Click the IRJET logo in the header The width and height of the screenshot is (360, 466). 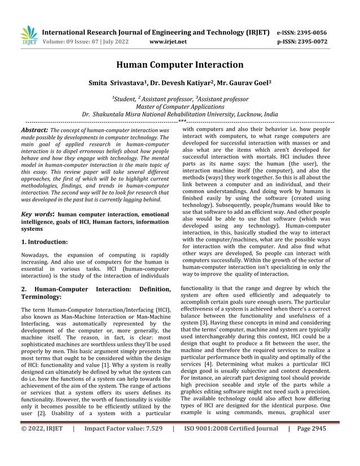29,36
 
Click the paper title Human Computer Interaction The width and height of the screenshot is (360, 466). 180,65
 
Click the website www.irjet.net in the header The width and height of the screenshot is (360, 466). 169,42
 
